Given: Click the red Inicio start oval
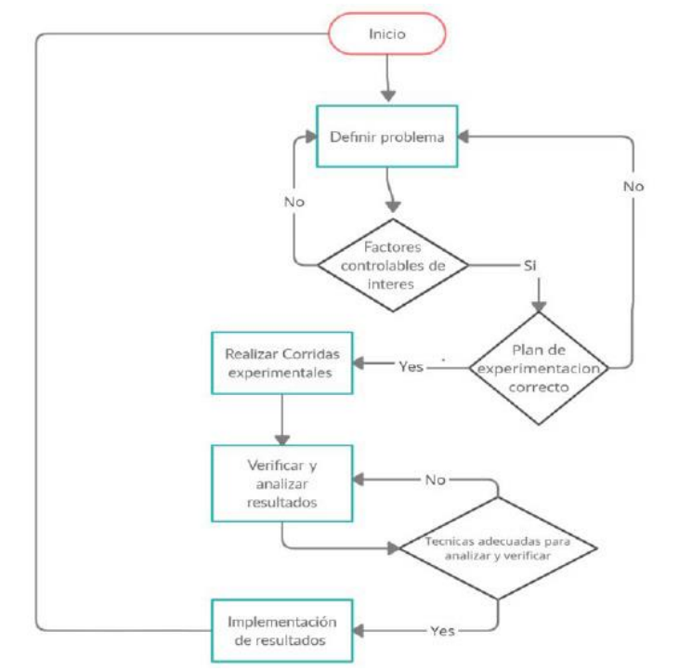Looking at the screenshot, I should click(x=387, y=34).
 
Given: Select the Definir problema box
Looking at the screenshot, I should click(x=387, y=137).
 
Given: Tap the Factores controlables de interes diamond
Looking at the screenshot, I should click(x=392, y=264).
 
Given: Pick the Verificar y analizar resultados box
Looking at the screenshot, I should click(x=282, y=482).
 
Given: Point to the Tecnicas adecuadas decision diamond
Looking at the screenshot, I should click(x=497, y=546).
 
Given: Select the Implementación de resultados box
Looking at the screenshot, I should click(x=282, y=630).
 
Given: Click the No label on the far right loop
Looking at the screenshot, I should click(x=633, y=186).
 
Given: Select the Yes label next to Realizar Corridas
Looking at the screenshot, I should click(x=411, y=366).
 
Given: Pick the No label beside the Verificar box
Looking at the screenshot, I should click(x=435, y=480).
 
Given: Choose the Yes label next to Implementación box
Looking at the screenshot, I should click(x=443, y=630).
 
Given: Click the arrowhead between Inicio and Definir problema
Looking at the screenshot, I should click(x=388, y=95).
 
